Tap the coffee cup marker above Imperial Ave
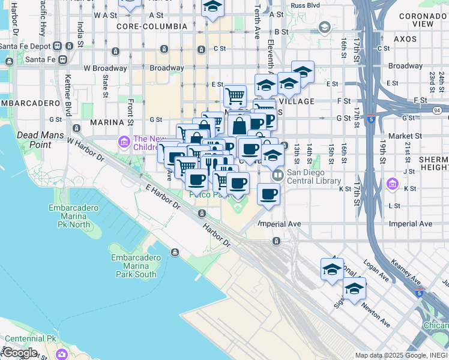pyautogui.click(x=268, y=194)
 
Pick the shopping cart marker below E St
pyautogui.click(x=235, y=95)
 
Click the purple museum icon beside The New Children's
pyautogui.click(x=124, y=142)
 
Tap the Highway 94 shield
pyautogui.click(x=437, y=110)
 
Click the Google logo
pyautogui.click(x=20, y=352)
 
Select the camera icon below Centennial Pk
pyautogui.click(x=62, y=354)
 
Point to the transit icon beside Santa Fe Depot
pyautogui.click(x=58, y=46)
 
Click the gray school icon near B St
pyautogui.click(x=325, y=27)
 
